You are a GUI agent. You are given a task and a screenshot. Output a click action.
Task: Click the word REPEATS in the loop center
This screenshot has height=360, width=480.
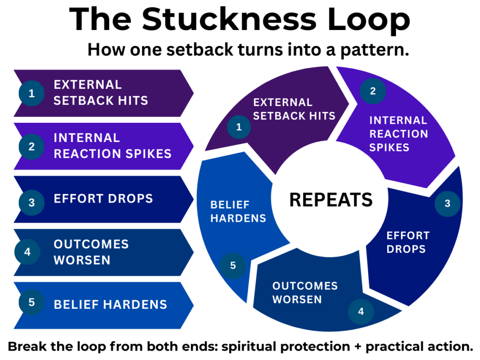(331, 200)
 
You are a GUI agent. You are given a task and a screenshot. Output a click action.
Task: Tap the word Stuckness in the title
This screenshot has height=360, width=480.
(229, 19)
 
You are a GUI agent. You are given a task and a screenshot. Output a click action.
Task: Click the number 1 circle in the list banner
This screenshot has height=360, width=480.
(31, 93)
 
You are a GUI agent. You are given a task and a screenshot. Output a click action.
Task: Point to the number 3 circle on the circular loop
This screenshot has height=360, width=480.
(448, 203)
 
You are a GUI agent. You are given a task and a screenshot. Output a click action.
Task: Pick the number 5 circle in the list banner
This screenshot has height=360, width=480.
(31, 302)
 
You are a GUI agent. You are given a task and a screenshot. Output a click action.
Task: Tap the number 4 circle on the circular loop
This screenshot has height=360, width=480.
(361, 312)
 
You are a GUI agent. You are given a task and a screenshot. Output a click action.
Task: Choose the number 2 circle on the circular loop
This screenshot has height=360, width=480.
(373, 91)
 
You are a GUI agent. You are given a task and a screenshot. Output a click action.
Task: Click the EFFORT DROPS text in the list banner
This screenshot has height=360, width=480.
(103, 199)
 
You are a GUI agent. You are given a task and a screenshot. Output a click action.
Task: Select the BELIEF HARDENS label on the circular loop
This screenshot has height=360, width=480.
(238, 211)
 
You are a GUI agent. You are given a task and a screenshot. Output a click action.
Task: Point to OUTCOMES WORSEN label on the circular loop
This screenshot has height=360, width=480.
(305, 292)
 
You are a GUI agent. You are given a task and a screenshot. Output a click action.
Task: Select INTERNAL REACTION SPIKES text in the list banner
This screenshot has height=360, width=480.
(112, 146)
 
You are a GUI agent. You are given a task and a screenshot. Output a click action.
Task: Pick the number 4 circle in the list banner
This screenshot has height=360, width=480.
(27, 252)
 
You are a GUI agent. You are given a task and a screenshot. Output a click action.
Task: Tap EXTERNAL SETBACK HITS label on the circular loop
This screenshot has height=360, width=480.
(294, 109)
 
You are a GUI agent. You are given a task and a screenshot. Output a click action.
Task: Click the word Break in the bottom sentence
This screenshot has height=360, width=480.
(27, 346)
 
